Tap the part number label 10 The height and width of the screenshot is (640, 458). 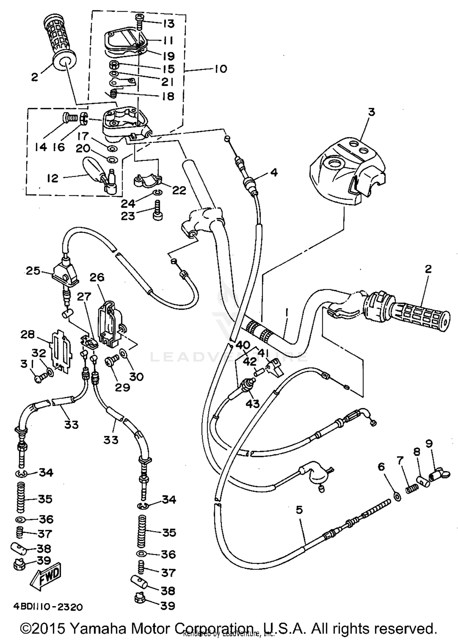[x=220, y=69]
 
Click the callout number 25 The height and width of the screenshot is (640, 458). [x=33, y=271]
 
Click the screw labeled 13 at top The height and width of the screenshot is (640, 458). [x=140, y=21]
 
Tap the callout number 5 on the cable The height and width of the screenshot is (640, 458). [x=299, y=510]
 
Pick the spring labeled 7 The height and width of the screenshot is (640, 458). [x=411, y=489]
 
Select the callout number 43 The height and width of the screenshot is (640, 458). [x=253, y=404]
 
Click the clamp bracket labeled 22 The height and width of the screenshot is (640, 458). [x=147, y=181]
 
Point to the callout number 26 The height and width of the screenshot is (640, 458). [x=97, y=277]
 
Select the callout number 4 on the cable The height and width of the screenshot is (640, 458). [x=274, y=173]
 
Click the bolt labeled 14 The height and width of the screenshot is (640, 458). [x=70, y=118]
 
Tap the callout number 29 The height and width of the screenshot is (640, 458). [x=122, y=387]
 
